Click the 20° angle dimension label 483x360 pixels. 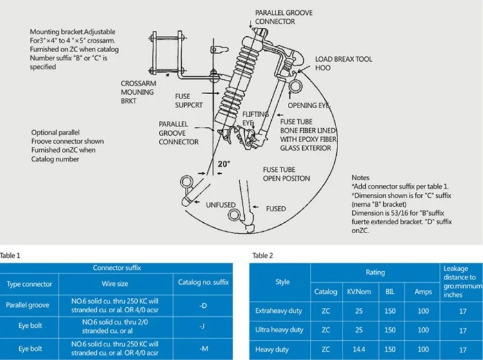[223, 164]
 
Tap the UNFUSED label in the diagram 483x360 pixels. [220, 205]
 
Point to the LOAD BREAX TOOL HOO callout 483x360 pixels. [343, 63]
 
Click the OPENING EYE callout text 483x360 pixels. [311, 105]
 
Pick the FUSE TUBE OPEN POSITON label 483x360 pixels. [286, 174]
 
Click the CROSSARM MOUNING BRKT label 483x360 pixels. [137, 91]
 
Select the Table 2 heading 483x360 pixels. [263, 256]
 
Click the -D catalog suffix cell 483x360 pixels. [202, 305]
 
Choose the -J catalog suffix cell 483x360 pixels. [202, 327]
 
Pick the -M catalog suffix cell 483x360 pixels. [202, 348]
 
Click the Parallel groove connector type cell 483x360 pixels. [30, 305]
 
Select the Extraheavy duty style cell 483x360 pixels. [279, 311]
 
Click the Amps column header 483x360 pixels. [422, 292]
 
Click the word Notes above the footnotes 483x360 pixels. [361, 177]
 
